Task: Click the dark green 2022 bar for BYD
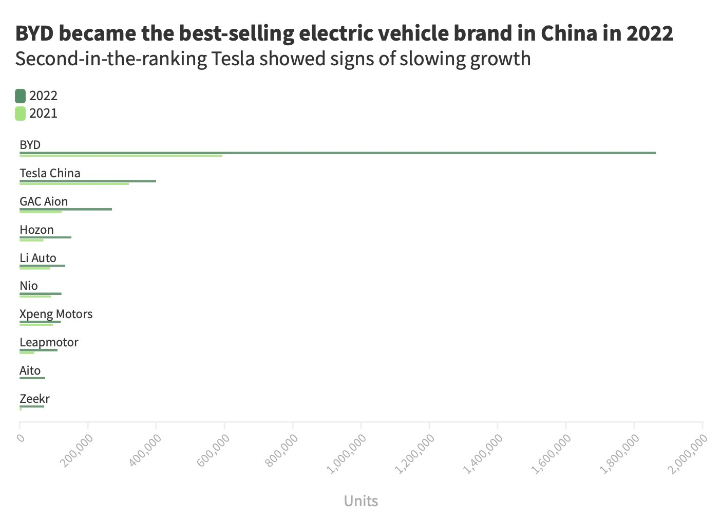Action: tap(337, 153)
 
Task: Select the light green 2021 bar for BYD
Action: tap(121, 155)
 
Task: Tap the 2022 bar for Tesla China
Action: tap(87, 181)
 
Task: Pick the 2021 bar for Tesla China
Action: tap(74, 183)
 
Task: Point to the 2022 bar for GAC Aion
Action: tap(65, 209)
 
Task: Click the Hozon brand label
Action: tap(36, 230)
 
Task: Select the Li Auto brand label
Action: tap(38, 258)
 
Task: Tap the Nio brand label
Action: tap(29, 286)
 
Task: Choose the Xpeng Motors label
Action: tap(56, 314)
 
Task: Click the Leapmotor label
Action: tap(49, 342)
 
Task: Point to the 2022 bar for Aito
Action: tap(32, 378)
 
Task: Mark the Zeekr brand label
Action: tap(34, 399)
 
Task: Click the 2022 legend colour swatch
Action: tap(20, 96)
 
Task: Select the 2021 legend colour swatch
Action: tap(20, 114)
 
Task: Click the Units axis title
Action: tap(360, 501)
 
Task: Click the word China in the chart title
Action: tap(568, 33)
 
